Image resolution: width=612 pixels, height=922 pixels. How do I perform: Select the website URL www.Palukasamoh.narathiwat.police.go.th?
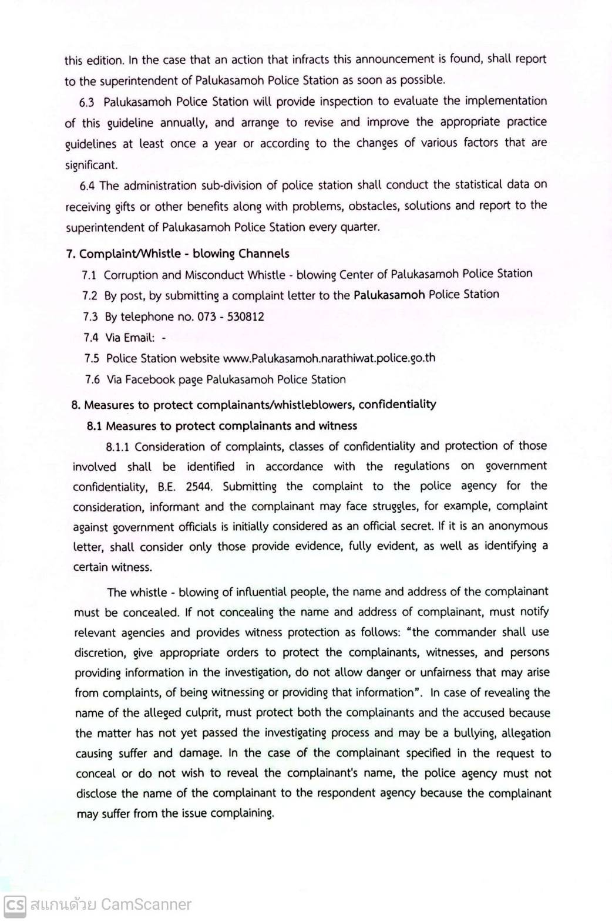[329, 358]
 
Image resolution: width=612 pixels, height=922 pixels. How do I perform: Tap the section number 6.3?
[87, 102]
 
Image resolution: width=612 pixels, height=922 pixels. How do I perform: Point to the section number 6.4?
[87, 186]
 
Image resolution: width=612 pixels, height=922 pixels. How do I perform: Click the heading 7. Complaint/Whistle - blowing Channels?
[177, 254]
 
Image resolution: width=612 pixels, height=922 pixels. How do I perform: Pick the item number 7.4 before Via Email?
[91, 338]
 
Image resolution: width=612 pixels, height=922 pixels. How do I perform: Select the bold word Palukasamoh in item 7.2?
[389, 295]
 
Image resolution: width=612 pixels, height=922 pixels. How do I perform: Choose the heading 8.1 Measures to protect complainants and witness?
[222, 426]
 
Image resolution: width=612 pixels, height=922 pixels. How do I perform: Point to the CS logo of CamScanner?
[15, 904]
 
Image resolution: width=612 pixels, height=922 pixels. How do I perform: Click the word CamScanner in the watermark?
[146, 904]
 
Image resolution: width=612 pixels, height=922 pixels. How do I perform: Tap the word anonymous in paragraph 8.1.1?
[517, 526]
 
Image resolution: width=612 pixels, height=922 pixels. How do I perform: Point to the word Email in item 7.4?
[139, 338]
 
